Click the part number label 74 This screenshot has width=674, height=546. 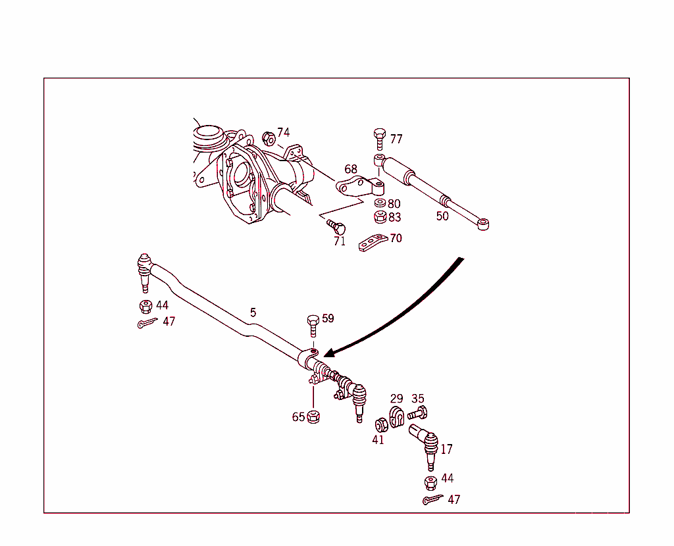(x=283, y=132)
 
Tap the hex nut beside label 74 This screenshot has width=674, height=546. (x=268, y=138)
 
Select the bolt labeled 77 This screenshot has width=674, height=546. (x=380, y=139)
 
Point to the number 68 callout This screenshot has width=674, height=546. (x=351, y=170)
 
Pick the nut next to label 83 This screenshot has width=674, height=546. (x=380, y=216)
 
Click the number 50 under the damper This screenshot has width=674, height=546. (x=442, y=216)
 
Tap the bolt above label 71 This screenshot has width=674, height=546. (x=337, y=226)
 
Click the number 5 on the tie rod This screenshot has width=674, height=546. (x=253, y=312)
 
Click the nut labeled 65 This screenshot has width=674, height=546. (x=314, y=416)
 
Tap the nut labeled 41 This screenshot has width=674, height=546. (x=380, y=426)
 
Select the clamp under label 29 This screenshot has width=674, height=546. (x=397, y=417)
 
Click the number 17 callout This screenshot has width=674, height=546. (x=446, y=449)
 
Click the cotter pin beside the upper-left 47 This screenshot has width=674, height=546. (x=148, y=323)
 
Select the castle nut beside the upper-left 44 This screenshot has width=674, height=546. (x=146, y=306)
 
